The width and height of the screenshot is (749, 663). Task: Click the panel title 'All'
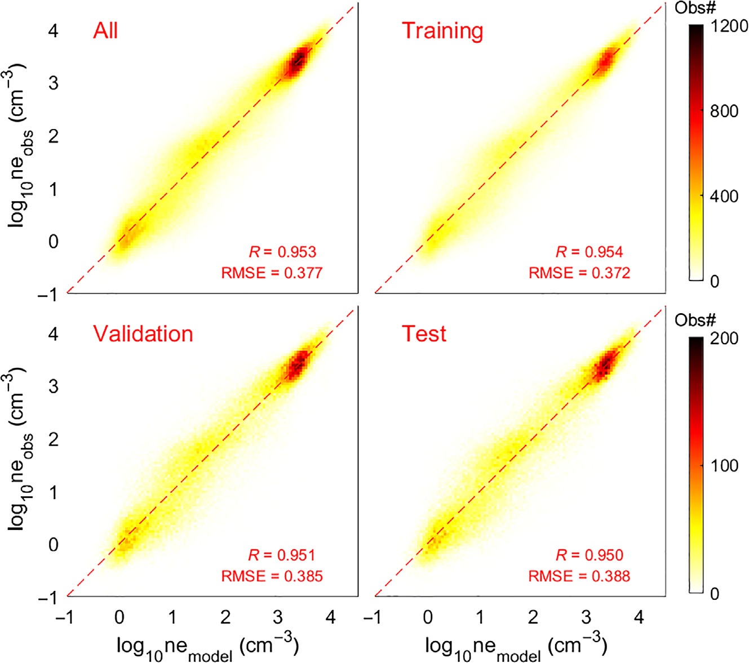[x=105, y=30]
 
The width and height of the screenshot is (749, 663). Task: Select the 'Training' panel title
[x=442, y=31]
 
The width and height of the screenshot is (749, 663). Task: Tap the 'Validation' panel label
[x=143, y=334]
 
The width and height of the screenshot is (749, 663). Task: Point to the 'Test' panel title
[x=424, y=334]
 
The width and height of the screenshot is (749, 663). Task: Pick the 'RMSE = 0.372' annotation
[x=579, y=273]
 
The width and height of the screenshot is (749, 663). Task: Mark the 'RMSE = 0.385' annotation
[x=272, y=576]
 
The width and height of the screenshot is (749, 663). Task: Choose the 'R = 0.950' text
[x=589, y=555]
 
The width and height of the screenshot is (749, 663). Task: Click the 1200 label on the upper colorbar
[x=729, y=26]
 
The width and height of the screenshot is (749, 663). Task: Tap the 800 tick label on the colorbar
[x=724, y=111]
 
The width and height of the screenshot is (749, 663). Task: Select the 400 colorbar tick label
[x=724, y=197]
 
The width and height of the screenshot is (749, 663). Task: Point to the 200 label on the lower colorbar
[x=724, y=339]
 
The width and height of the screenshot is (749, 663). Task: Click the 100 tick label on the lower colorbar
[x=724, y=466]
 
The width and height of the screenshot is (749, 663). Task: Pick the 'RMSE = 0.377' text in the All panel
[x=272, y=273]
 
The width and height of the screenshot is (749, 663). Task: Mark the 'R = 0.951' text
[x=281, y=555]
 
